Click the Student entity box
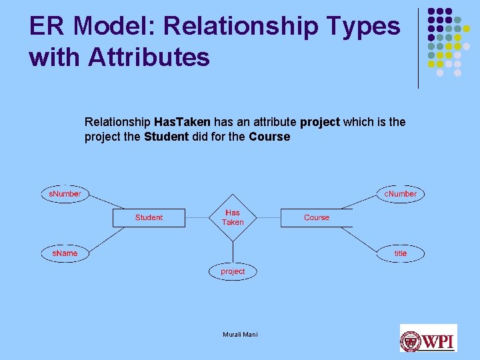[x=149, y=218]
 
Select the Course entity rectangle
[x=316, y=218]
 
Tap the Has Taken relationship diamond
[x=233, y=217]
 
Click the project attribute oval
[x=233, y=271]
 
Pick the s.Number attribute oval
[x=65, y=194]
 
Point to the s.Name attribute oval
[x=65, y=253]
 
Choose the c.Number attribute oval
[x=400, y=194]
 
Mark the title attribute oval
[x=400, y=253]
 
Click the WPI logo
[x=428, y=339]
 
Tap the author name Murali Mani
[x=240, y=334]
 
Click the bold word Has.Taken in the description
[x=182, y=122]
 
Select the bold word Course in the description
[x=269, y=137]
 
